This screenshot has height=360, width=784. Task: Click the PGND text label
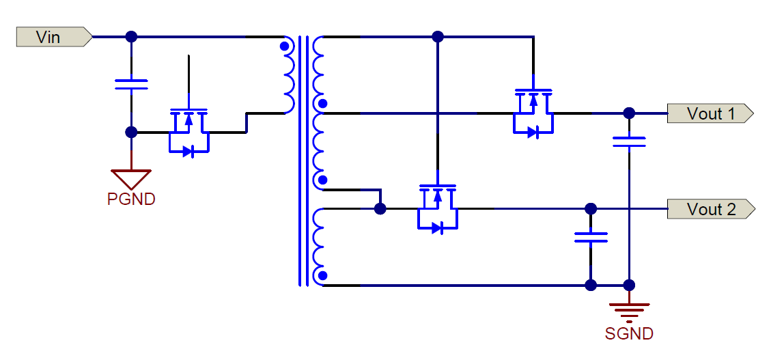[x=131, y=199]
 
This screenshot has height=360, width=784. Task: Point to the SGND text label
[x=629, y=334]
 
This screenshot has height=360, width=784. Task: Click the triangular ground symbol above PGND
[x=131, y=179]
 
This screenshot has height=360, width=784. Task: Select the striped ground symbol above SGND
[x=629, y=311]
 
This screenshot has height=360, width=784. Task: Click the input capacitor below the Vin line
[x=131, y=84]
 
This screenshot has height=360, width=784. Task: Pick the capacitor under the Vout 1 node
[x=629, y=141]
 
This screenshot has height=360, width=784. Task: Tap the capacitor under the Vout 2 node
[x=591, y=237]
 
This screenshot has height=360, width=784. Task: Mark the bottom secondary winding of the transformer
[x=320, y=246]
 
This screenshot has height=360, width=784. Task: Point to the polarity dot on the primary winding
[x=284, y=47]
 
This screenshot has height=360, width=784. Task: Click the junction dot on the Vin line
[x=131, y=37]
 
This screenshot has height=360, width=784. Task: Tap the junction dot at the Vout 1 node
[x=629, y=113]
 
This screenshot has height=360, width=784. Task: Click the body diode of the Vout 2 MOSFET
[x=437, y=228]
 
